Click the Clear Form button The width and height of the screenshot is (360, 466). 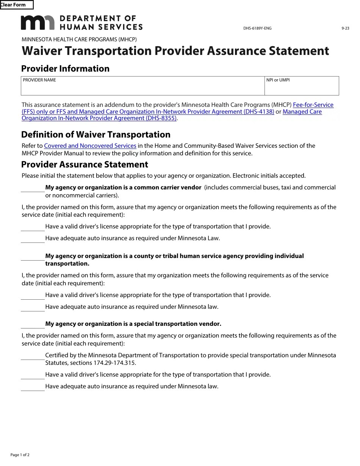[16, 5]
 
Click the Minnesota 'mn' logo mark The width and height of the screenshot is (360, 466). [38, 23]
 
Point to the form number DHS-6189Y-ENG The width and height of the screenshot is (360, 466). [257, 28]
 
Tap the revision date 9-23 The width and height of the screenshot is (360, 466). [345, 28]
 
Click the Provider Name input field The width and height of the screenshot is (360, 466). [142, 88]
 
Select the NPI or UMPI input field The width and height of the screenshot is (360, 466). [302, 88]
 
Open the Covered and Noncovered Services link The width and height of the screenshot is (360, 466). [90, 145]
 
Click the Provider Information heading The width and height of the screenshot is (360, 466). [65, 69]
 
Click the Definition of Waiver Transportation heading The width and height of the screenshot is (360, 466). [96, 134]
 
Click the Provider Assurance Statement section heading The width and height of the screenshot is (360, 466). [85, 164]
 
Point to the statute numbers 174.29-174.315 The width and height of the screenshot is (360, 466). [114, 363]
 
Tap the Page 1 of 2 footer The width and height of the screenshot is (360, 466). [20, 455]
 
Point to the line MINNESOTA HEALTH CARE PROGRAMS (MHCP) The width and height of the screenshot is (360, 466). [79, 39]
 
